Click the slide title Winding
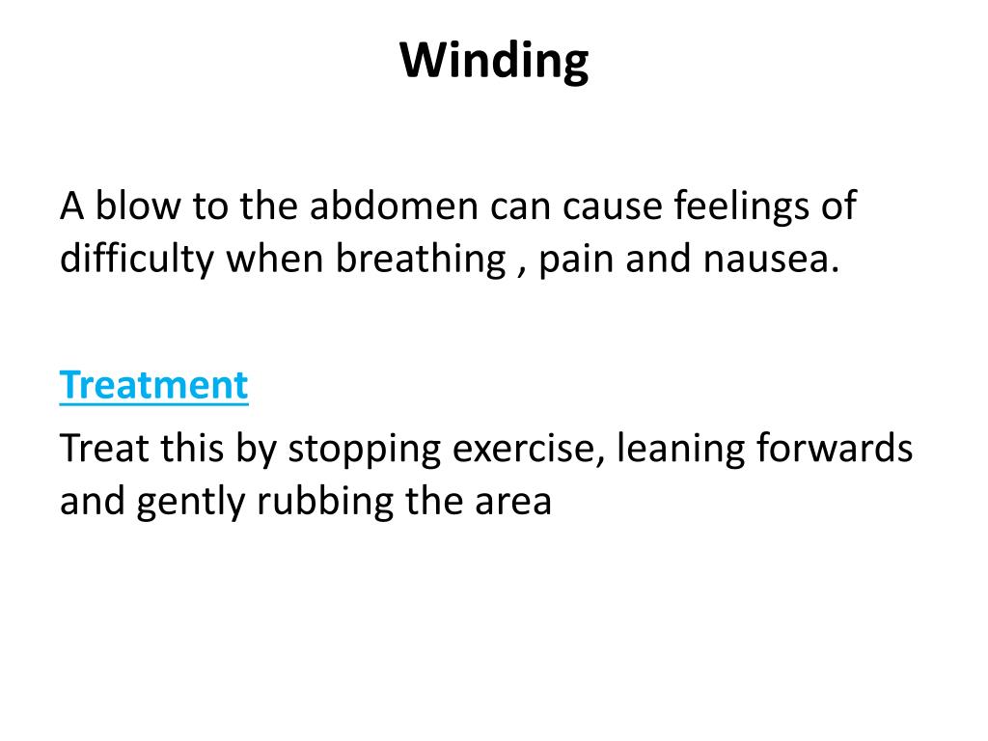[x=494, y=63]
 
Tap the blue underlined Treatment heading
[x=153, y=386]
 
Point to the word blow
[x=130, y=206]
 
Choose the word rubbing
[x=310, y=503]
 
